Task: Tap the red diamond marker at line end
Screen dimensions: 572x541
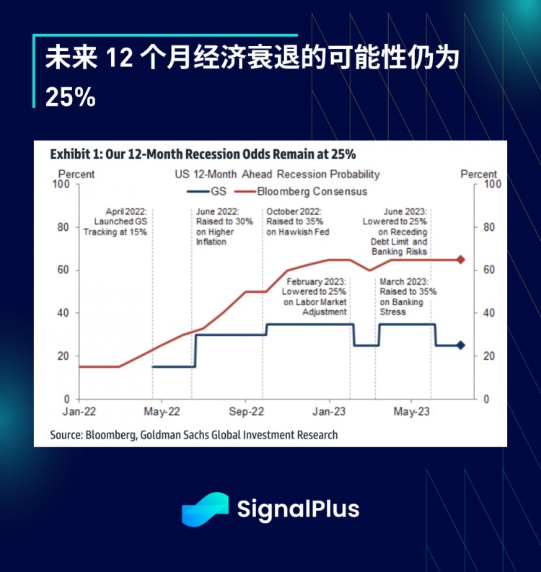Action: pyautogui.click(x=461, y=260)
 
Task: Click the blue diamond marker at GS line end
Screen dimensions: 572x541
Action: pyautogui.click(x=461, y=346)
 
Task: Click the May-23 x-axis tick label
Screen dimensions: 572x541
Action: pyautogui.click(x=412, y=412)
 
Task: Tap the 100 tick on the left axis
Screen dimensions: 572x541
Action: pyautogui.click(x=63, y=184)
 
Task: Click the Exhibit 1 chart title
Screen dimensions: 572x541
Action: pyautogui.click(x=203, y=154)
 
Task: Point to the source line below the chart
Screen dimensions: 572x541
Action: pyautogui.click(x=193, y=435)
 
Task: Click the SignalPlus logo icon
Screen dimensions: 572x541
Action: pyautogui.click(x=204, y=509)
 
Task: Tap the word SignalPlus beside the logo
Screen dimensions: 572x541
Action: pyautogui.click(x=298, y=509)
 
